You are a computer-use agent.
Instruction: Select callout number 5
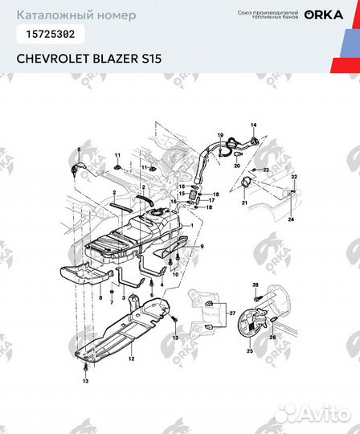click(x=80, y=149)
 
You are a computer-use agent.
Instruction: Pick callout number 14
click(x=252, y=125)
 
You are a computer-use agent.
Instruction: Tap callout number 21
click(x=244, y=204)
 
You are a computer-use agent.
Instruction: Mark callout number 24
click(x=291, y=219)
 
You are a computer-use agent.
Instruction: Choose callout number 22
click(x=294, y=176)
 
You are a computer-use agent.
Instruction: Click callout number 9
click(x=202, y=245)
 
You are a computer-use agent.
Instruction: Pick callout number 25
click(x=249, y=351)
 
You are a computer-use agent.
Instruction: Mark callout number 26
click(x=271, y=338)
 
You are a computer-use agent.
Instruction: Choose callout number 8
click(x=100, y=297)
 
